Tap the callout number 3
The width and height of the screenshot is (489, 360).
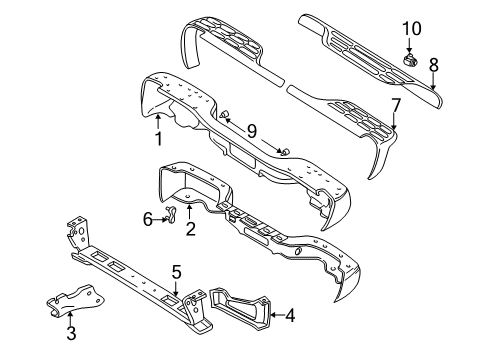coord(71,332)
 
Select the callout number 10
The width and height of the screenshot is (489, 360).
coord(410,27)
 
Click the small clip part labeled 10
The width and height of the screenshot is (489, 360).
coord(409,60)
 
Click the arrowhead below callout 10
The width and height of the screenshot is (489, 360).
coord(410,52)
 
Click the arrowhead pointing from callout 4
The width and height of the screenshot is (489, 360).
coord(275,319)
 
